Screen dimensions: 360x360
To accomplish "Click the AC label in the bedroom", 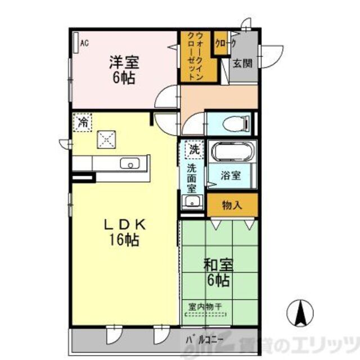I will click(84, 43).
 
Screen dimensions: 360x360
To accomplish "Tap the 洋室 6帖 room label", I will click(122, 70).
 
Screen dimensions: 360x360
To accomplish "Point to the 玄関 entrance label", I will click(242, 63).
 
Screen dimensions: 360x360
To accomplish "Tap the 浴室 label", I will click(230, 175).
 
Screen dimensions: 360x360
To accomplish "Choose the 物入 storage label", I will click(232, 205).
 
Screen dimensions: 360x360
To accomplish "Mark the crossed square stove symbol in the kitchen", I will click(105, 138).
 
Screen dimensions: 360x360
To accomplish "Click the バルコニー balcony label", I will click(205, 340).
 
